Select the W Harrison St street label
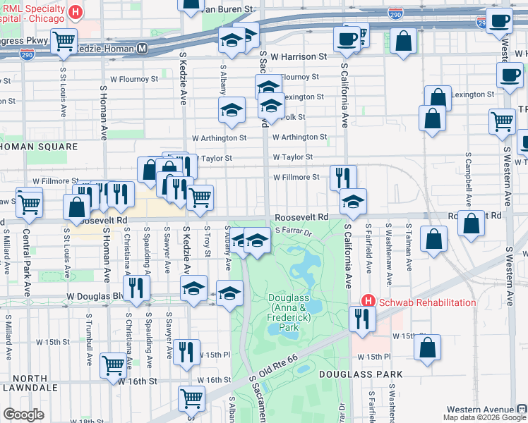click(299, 56)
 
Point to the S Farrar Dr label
click(294, 231)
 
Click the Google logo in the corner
click(24, 414)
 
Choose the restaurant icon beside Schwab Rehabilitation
click(361, 317)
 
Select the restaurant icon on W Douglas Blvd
click(136, 287)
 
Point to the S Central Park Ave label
click(26, 261)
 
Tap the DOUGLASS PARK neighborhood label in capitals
click(360, 374)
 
